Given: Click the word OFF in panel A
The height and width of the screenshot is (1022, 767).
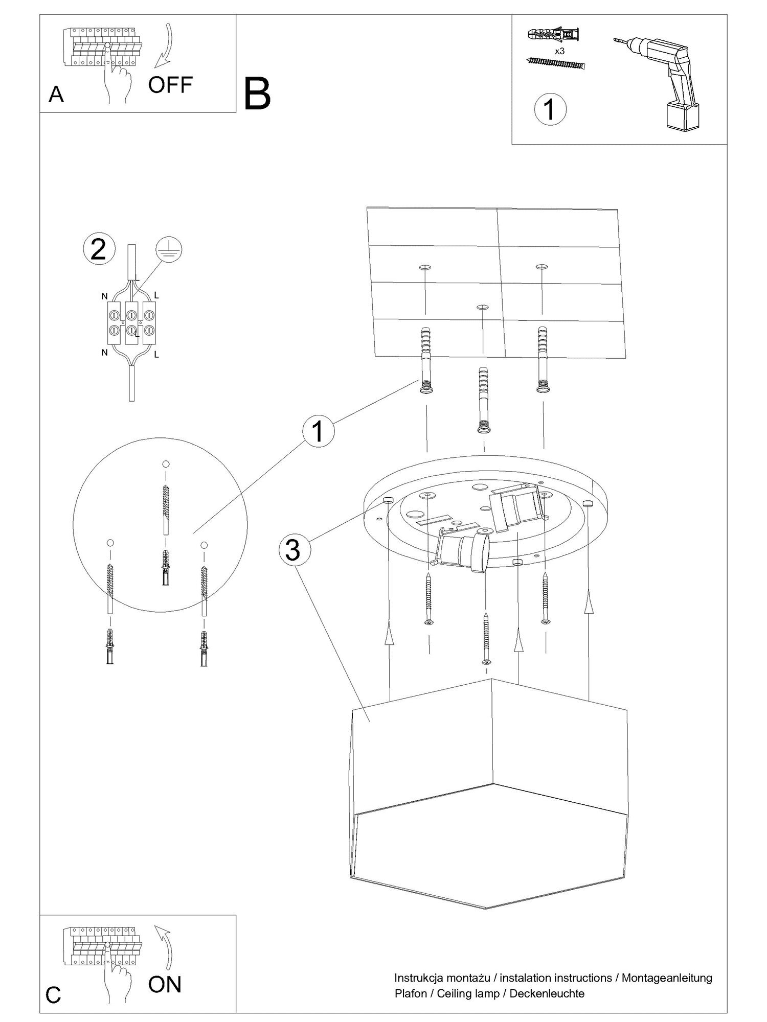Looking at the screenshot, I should (x=170, y=85).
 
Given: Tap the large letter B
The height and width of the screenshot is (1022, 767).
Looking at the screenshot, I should (x=257, y=94).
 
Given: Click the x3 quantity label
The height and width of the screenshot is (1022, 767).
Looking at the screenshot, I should (x=559, y=51).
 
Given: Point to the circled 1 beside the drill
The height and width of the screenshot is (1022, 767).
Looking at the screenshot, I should (x=550, y=109).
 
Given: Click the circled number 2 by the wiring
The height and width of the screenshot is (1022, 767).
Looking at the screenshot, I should (x=98, y=249).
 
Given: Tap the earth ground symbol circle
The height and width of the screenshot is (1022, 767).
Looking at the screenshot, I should (x=169, y=249).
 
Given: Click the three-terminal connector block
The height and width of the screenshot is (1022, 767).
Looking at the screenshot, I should (x=131, y=322).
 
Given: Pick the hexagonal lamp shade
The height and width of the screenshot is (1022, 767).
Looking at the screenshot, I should (x=488, y=797).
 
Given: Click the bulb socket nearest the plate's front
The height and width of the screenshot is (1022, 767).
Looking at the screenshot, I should (x=463, y=552).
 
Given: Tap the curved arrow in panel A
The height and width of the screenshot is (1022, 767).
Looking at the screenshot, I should (x=166, y=46).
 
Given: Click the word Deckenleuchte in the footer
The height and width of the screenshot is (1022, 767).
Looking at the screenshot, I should (x=547, y=993).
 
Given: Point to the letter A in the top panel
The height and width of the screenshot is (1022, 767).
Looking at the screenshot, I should (x=56, y=95).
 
